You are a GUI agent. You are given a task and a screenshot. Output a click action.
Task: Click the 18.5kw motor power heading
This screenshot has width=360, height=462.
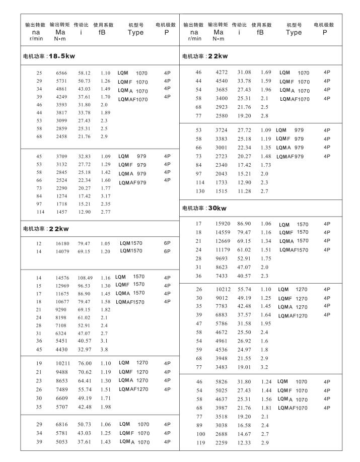click(x=49, y=56)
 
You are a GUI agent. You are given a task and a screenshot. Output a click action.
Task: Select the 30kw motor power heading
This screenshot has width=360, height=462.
click(x=204, y=208)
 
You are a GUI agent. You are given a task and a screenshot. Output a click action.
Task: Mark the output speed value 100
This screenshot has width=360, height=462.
click(x=200, y=434)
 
